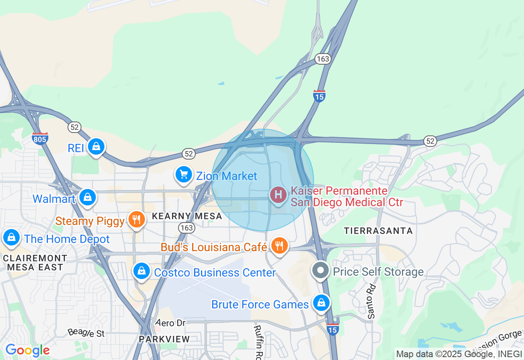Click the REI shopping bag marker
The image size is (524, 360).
pyautogui.click(x=96, y=146)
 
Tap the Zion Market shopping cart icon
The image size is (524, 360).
pyautogui.click(x=184, y=175)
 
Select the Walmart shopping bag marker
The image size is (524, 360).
pyautogui.click(x=88, y=197)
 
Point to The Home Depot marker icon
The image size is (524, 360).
pyautogui.click(x=11, y=237)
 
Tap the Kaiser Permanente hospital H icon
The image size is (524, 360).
pyautogui.click(x=278, y=195)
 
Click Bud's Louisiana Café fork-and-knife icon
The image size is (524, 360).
pyautogui.click(x=279, y=246)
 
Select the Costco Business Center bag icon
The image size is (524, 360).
pyautogui.click(x=142, y=271)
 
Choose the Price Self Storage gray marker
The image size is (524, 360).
pyautogui.click(x=321, y=270)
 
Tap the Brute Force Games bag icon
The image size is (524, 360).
pyautogui.click(x=321, y=303)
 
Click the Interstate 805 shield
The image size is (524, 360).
pyautogui.click(x=40, y=138)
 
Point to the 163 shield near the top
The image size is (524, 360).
pyautogui.click(x=323, y=59)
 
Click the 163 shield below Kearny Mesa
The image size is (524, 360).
pyautogui.click(x=186, y=227)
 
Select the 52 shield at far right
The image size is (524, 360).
pyautogui.click(x=430, y=141)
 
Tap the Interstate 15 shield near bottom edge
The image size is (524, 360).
pyautogui.click(x=333, y=329)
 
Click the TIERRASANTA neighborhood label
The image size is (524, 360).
pyautogui.click(x=378, y=231)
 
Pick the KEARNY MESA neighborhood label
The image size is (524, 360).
pyautogui.click(x=187, y=216)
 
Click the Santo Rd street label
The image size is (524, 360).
pyautogui.click(x=371, y=301)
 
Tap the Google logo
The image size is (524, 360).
pyautogui.click(x=27, y=350)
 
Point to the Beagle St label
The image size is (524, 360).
pyautogui.click(x=86, y=332)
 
